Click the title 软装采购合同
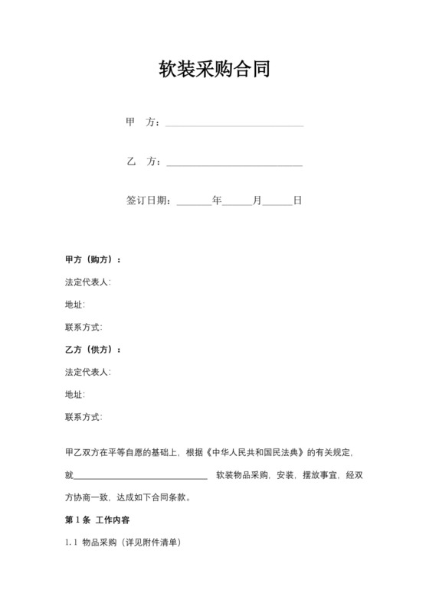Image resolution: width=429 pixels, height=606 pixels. coord(214,70)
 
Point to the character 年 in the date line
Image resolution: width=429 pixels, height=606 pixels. coord(217,200)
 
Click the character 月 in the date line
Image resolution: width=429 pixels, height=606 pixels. coord(257,200)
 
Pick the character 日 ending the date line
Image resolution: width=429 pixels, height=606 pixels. coord(297,200)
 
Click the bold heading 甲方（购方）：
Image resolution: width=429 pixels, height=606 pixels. coord(93,259)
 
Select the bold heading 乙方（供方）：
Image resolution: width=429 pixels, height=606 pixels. coord(93,350)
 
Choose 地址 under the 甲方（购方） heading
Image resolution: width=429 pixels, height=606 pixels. coord(75,305)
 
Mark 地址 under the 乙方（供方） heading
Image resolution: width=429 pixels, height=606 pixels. coord(75,395)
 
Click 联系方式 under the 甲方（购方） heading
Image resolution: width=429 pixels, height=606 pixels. coord(84,327)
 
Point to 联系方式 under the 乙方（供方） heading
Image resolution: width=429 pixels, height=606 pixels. coord(84,418)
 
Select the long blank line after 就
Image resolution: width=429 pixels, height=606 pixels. coord(141,476)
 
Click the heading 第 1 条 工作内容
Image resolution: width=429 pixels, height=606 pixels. coord(97,520)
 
